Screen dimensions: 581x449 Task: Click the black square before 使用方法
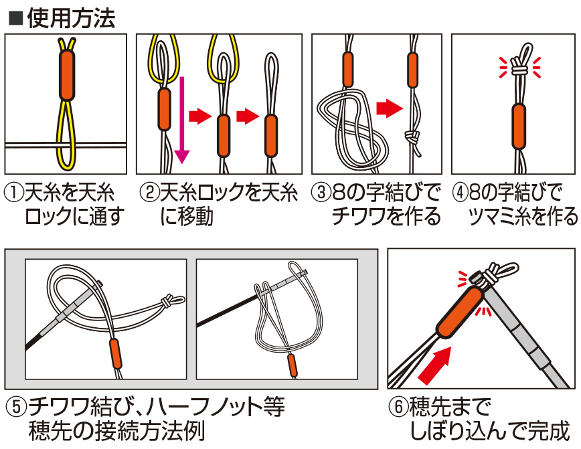[15, 19]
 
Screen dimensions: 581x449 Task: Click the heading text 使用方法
[71, 18]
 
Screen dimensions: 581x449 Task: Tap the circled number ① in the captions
[14, 193]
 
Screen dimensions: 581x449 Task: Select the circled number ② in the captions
[149, 193]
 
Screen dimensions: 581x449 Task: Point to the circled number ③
[321, 193]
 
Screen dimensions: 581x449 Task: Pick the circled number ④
[461, 193]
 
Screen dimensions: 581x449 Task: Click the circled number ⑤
[16, 406]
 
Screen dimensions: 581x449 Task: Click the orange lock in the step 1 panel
[67, 75]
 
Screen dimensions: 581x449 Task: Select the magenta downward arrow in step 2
[181, 120]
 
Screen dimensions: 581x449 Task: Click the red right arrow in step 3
[389, 108]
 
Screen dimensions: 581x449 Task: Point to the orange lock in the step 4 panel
[519, 126]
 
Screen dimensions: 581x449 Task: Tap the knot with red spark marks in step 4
[519, 67]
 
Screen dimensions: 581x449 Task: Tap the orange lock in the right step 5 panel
[292, 365]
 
